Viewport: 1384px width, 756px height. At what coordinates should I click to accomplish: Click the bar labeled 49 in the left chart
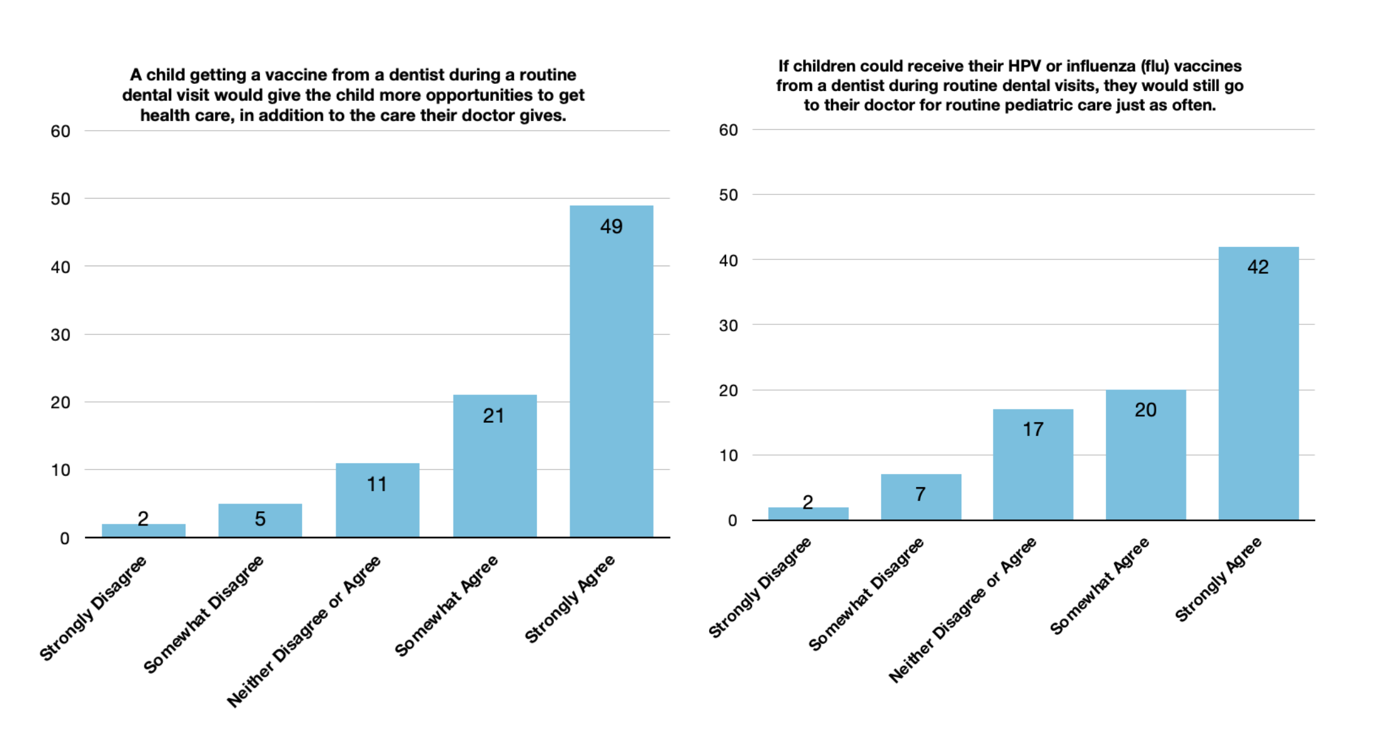point(611,371)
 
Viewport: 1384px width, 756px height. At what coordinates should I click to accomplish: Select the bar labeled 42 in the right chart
point(1258,383)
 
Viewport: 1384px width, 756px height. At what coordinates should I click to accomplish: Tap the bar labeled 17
point(1033,464)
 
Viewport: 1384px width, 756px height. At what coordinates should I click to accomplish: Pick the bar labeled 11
point(377,500)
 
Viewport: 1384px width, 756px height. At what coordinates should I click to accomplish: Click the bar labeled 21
point(495,466)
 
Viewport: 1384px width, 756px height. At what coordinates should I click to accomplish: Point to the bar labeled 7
point(921,497)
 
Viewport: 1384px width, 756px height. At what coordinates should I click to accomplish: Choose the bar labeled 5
point(260,521)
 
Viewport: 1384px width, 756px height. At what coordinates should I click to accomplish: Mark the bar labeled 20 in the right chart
point(1146,455)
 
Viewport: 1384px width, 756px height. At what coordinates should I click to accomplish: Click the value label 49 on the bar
point(611,227)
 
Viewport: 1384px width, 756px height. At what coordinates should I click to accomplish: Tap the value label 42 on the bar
point(1258,267)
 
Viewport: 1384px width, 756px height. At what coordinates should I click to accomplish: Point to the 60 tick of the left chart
point(61,131)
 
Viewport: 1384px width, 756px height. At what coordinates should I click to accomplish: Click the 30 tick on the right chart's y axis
point(729,326)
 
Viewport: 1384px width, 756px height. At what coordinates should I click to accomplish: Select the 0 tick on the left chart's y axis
point(65,538)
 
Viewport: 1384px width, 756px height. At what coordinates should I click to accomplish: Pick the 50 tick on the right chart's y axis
point(729,195)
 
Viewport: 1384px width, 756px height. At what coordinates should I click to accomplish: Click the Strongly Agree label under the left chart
point(570,599)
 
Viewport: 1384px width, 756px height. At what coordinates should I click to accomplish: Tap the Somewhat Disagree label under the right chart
point(865,594)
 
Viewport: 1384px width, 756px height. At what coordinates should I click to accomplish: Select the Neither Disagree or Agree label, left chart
point(303,631)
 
